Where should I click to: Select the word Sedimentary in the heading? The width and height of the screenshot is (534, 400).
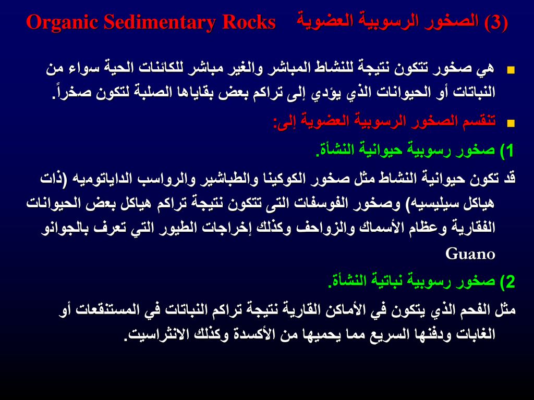[160, 22]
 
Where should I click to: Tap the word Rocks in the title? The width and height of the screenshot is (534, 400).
[249, 22]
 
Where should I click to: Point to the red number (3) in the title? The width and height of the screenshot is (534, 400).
[496, 22]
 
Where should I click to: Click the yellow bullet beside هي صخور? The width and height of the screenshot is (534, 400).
[511, 70]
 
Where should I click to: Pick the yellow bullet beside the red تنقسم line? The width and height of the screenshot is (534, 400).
[511, 123]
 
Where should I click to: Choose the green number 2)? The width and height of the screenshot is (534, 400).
[507, 282]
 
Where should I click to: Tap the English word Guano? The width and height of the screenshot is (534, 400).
[470, 254]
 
